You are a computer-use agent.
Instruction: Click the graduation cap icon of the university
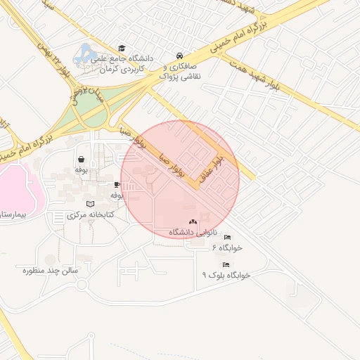click(x=122, y=49)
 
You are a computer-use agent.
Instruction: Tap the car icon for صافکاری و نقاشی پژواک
click(x=180, y=56)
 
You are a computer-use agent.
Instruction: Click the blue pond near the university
click(x=86, y=52)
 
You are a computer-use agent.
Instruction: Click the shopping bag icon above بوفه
click(x=82, y=159)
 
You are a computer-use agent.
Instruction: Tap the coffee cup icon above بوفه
click(x=117, y=184)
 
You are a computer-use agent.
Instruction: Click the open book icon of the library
click(x=89, y=204)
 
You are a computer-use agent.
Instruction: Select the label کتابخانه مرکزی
click(x=89, y=214)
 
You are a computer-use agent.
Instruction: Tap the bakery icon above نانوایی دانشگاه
click(x=193, y=222)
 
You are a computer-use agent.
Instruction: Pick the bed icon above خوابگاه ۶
click(x=226, y=238)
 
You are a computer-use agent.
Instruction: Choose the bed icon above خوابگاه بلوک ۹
click(x=226, y=264)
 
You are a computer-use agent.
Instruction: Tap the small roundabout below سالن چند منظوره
click(x=82, y=285)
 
